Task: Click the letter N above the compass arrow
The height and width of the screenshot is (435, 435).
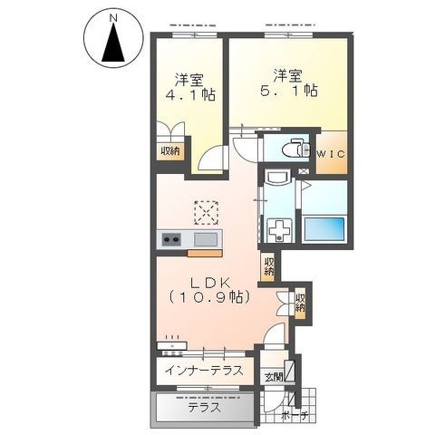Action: pos(113,18)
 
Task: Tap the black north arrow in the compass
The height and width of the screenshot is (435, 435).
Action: pos(113,43)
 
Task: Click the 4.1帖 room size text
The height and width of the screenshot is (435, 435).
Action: pos(190,95)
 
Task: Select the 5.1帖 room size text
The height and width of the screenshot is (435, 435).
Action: pos(289,91)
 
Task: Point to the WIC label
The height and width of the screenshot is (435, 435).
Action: pos(332,154)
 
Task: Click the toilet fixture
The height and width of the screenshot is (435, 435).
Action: pos(295,148)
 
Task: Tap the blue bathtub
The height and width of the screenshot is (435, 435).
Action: pos(324,228)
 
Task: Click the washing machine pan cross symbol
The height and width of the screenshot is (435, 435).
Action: pos(279,231)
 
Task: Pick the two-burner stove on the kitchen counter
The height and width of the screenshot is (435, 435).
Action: pos(171,240)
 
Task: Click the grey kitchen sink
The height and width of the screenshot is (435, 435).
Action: pos(206,239)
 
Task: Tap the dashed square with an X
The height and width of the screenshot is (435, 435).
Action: pos(206,213)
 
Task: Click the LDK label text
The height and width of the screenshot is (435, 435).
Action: pos(210,284)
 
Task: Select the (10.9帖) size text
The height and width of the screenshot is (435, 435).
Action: pos(209,297)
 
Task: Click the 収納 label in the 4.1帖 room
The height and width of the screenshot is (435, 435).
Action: pos(170,150)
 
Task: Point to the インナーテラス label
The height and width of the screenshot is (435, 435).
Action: pos(204,371)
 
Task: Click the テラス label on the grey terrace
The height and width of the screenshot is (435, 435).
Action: pos(205,408)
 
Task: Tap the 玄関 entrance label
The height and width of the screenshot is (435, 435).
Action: pos(274,377)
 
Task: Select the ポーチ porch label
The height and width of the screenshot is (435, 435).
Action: pos(295,416)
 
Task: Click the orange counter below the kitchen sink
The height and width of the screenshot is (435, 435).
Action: pos(205,254)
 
